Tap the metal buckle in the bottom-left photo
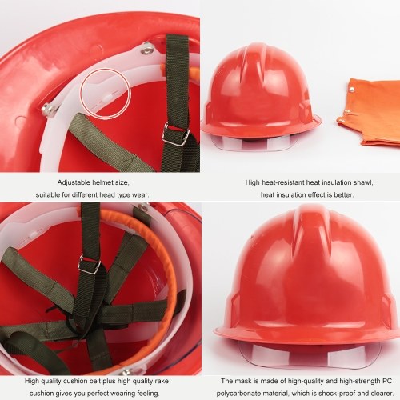tap(90, 264)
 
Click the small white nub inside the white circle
tap(109, 98)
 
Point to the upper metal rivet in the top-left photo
tap(148, 49)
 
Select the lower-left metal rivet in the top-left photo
tap(48, 110)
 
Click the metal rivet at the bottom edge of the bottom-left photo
tap(126, 371)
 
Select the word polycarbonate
tap(235, 394)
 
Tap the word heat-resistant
tap(283, 182)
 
